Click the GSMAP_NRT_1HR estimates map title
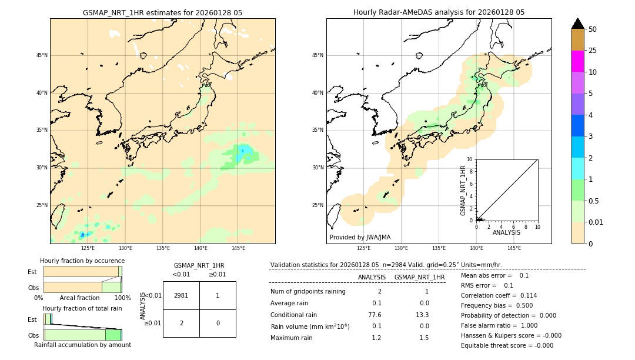162,12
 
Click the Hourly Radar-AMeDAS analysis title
439,12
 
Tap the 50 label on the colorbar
593,29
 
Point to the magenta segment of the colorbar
577,61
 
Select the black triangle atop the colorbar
577,24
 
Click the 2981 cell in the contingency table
181,295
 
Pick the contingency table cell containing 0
218,323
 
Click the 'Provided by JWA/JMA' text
360,237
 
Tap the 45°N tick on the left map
42,55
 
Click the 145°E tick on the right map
514,248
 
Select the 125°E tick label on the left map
88,248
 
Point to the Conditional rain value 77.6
375,315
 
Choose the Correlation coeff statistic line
499,295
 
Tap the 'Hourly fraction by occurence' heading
82,261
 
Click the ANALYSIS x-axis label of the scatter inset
506,232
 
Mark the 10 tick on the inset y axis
469,159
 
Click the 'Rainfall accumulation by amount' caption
82,345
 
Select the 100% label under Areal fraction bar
122,298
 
